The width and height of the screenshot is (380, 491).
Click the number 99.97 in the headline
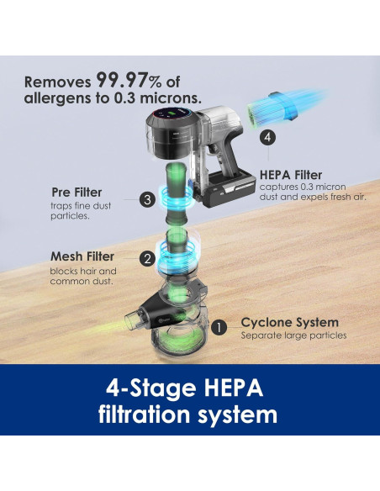click(x=121, y=80)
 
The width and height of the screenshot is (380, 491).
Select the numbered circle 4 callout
click(x=267, y=137)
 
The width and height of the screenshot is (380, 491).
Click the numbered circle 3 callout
click(x=147, y=199)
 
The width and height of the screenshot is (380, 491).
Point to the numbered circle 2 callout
click(x=147, y=258)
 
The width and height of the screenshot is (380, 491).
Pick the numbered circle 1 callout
click(x=219, y=327)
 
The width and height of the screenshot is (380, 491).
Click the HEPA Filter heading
click(x=291, y=175)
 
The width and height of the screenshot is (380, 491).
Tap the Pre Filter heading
click(x=77, y=193)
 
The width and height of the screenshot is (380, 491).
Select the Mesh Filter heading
click(x=82, y=256)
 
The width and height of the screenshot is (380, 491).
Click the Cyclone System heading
click(x=290, y=323)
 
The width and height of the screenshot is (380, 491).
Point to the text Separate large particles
click(x=293, y=335)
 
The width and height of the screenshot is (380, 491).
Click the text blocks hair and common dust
click(x=83, y=276)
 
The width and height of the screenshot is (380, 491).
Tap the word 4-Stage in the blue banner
click(x=152, y=388)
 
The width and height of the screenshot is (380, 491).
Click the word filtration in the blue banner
click(x=145, y=414)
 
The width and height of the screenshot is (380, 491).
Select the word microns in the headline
click(x=171, y=98)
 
